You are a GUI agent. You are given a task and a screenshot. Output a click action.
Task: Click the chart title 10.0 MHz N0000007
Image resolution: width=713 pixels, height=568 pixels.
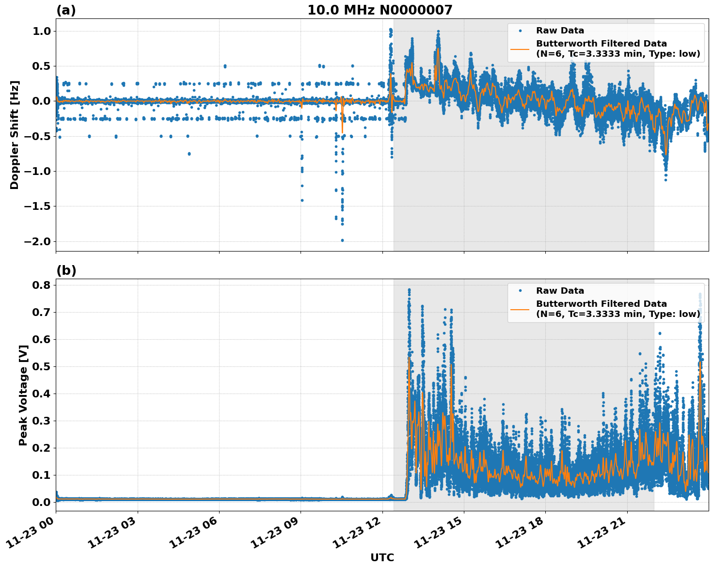point(380,10)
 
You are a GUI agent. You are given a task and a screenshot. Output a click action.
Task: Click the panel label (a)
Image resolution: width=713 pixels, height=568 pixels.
point(66,10)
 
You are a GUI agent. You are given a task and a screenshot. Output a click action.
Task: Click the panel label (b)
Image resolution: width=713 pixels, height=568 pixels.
point(66,270)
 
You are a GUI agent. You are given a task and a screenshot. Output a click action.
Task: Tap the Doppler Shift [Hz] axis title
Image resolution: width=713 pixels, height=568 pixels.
point(15,135)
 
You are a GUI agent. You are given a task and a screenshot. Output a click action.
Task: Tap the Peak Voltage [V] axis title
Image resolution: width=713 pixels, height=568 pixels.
point(23,394)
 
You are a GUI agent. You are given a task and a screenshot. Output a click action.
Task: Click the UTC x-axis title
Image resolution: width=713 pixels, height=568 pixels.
point(382,557)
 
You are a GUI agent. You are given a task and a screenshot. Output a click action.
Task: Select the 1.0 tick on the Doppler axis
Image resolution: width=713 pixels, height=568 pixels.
point(41,31)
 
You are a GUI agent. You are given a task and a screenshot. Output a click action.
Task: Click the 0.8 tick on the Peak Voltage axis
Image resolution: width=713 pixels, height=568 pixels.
point(41,285)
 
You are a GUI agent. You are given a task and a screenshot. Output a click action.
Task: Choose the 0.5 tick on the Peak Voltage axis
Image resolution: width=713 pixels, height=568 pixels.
point(41,366)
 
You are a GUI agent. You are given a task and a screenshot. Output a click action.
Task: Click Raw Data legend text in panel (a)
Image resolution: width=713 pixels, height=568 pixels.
point(560,31)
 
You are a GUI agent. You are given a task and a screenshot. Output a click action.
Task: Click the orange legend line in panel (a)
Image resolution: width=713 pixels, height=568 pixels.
point(520,48)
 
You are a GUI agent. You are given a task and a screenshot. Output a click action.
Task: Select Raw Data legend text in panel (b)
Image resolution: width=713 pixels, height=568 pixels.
point(560,291)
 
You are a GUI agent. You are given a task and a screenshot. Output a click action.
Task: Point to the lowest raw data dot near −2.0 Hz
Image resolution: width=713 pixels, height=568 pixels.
point(342,240)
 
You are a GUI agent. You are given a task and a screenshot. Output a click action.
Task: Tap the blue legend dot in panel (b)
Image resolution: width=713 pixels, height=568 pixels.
point(520,291)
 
